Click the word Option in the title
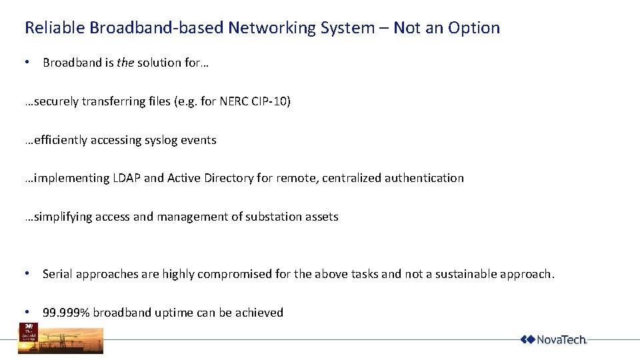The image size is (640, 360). pos(474,28)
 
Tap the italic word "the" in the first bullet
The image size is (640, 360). pos(125,63)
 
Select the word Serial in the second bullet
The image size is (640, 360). pos(57,274)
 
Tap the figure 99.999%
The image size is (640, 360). pos(65,313)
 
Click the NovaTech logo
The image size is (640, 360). pos(553,339)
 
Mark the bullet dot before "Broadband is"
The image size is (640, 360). pos(27,62)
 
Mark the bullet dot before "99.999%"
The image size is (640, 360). pos(27,312)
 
